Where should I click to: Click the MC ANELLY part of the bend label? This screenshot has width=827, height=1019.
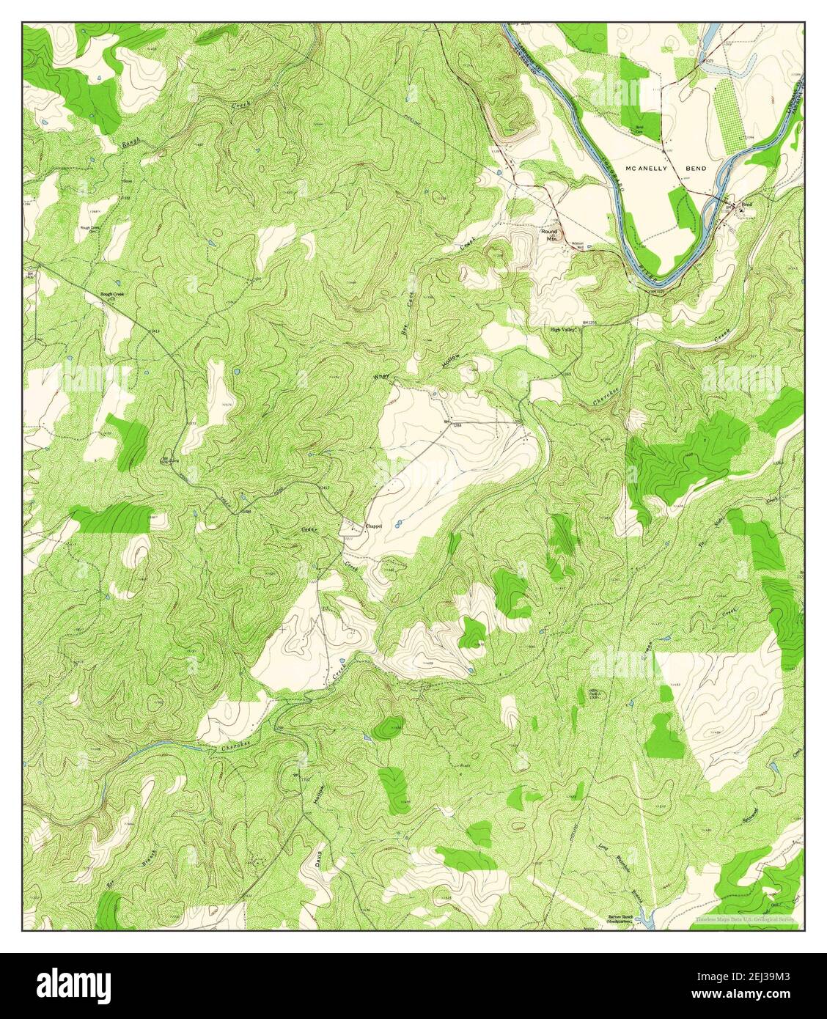coord(644,169)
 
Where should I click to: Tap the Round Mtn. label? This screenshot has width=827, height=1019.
coord(550,235)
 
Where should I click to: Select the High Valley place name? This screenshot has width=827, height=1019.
coord(565,330)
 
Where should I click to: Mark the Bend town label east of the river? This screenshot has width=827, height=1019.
coord(747,205)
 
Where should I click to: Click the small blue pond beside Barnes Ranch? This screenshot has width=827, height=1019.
coord(644,915)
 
